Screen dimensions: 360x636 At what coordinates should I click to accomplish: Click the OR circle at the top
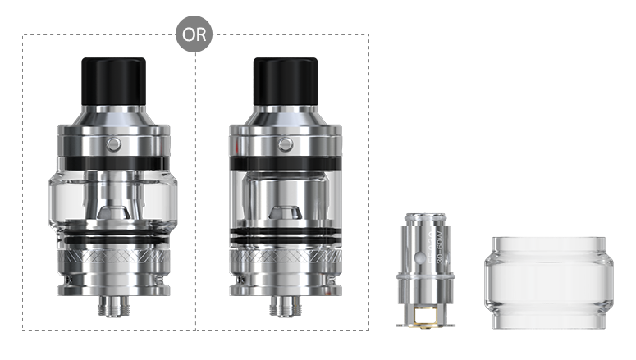[x=194, y=35]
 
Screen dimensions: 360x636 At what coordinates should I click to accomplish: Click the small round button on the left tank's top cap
[x=112, y=145]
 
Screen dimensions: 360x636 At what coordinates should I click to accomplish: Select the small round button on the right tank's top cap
[x=286, y=145]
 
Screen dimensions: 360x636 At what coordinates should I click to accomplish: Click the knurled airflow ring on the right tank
[x=285, y=262]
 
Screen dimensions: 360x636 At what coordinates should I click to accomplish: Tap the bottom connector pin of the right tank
[x=285, y=308]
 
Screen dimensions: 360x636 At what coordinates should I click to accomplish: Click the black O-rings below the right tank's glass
[x=285, y=239]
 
